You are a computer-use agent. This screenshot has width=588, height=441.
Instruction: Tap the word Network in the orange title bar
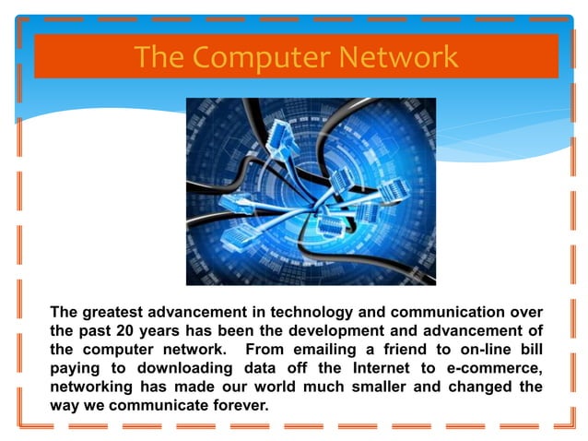coord(399,57)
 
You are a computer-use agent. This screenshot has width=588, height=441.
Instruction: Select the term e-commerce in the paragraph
coord(493,368)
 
